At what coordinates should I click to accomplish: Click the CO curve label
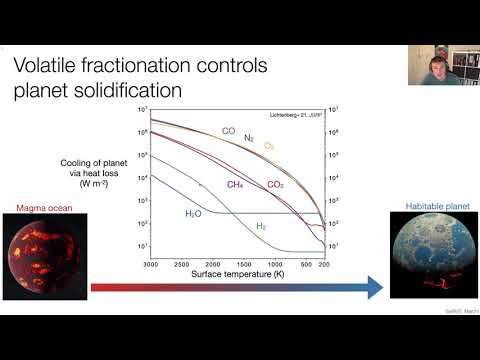[228, 130]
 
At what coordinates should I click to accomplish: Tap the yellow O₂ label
[269, 146]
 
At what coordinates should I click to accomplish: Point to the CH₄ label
[235, 184]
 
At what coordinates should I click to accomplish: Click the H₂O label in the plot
[195, 214]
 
